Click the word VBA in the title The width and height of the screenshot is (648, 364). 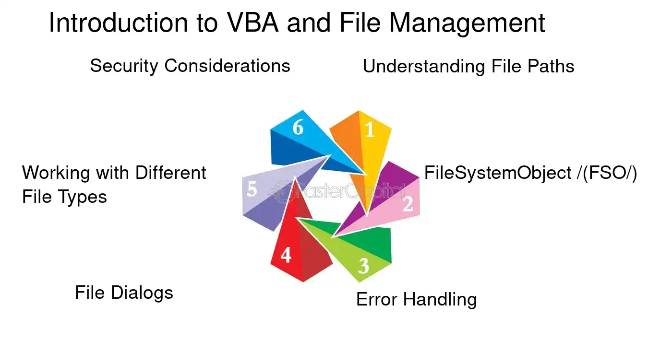(253, 23)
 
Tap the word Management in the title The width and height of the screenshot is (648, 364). (467, 23)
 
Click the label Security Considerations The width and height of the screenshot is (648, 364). (190, 66)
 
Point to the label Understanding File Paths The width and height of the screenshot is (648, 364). (468, 67)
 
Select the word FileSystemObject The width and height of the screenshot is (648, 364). (498, 173)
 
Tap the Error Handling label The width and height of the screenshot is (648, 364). (416, 300)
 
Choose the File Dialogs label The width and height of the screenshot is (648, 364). (124, 293)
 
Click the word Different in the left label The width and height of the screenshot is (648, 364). (171, 173)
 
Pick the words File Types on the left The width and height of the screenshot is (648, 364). (64, 197)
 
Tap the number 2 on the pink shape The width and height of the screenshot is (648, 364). (408, 204)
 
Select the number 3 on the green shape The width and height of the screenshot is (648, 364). (364, 266)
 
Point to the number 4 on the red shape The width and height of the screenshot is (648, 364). (286, 255)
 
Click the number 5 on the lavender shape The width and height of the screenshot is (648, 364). (252, 189)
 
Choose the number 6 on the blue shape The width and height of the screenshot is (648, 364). (298, 127)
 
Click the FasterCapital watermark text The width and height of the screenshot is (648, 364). (337, 191)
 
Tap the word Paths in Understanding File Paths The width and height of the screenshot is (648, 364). (551, 67)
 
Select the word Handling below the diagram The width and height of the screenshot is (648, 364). (440, 300)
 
